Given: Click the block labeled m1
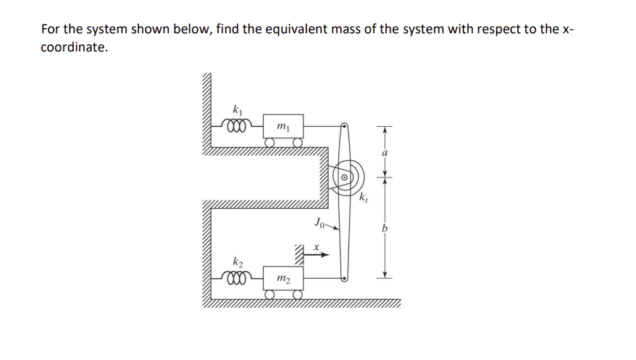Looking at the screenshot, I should click(283, 127).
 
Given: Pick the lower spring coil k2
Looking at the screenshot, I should click(237, 278).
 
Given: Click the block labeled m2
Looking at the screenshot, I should click(283, 278).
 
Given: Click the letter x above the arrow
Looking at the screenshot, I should click(317, 247).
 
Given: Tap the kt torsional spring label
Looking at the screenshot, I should click(364, 197).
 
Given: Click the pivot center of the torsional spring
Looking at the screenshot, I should click(346, 176).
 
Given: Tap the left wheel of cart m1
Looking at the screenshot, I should click(269, 143).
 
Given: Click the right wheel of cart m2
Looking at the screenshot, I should click(297, 293).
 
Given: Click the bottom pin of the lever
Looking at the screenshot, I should click(346, 278).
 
